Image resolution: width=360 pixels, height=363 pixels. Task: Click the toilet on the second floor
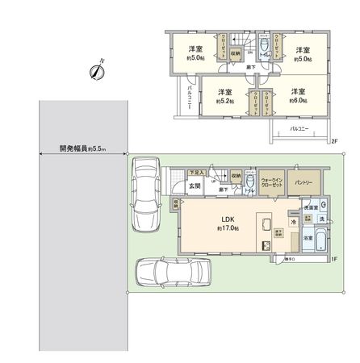pyautogui.click(x=263, y=52)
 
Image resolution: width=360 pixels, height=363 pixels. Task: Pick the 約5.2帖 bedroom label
pyautogui.click(x=225, y=96)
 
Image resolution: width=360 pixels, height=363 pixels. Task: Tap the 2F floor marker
pyautogui.click(x=333, y=143)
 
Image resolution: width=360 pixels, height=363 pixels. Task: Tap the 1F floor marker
pyautogui.click(x=333, y=259)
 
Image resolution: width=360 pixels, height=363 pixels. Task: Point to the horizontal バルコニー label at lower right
pyautogui.click(x=300, y=127)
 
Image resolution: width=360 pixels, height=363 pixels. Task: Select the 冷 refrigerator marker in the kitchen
pyautogui.click(x=295, y=220)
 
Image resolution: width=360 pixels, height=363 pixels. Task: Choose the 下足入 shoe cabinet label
pyautogui.click(x=195, y=172)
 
